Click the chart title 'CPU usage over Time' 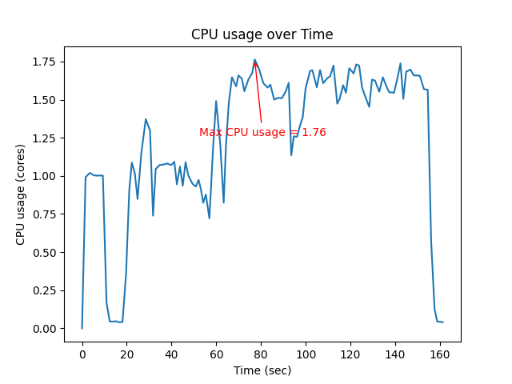tap(262, 34)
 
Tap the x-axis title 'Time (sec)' tap(262, 370)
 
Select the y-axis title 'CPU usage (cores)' tap(21, 194)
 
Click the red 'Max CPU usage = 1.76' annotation tap(262, 133)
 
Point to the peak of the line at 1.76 tap(255, 60)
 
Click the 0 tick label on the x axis tap(82, 353)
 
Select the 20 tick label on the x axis tap(127, 353)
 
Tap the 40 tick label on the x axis tap(172, 353)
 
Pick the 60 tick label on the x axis tap(216, 353)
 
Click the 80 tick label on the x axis tap(261, 353)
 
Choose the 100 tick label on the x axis tap(306, 353)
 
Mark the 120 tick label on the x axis tap(350, 353)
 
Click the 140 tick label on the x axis tap(395, 353)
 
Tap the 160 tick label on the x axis tap(440, 353)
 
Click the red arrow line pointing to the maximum tap(258, 92)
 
